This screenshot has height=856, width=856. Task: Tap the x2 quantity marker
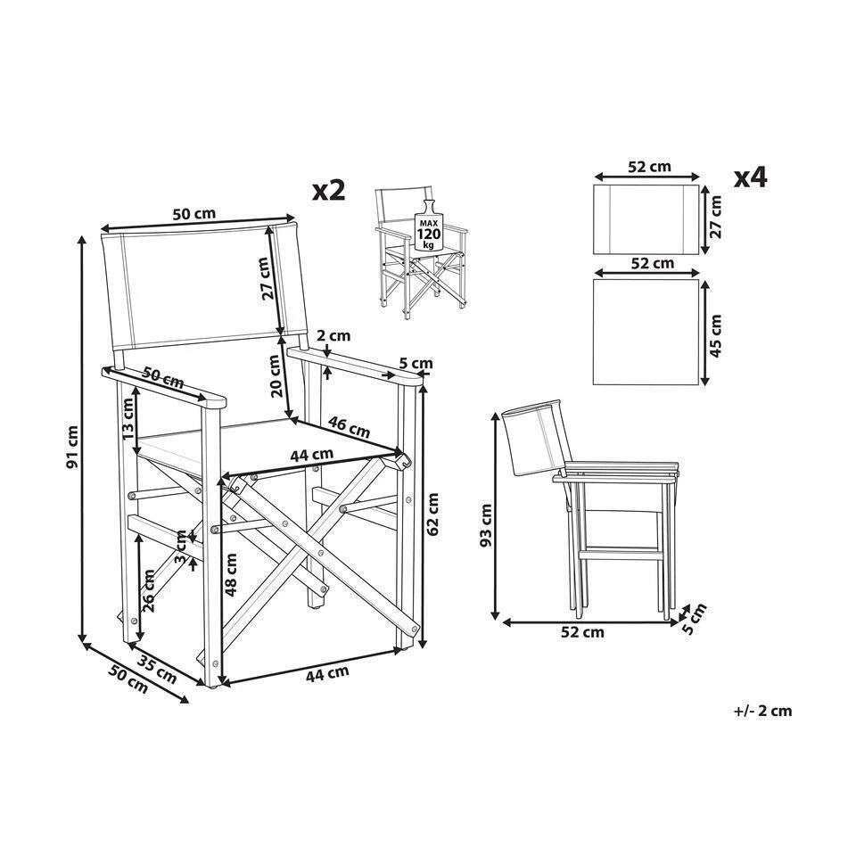327,189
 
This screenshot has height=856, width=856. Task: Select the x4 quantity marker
750,177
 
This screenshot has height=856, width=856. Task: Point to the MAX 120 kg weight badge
429,232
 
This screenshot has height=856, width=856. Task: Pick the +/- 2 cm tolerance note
762,711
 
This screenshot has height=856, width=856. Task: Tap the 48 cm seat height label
232,575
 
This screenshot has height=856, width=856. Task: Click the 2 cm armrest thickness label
333,336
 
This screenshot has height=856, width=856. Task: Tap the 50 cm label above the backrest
193,214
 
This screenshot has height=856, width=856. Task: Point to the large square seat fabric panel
646,332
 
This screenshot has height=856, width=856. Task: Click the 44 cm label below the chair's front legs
326,674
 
